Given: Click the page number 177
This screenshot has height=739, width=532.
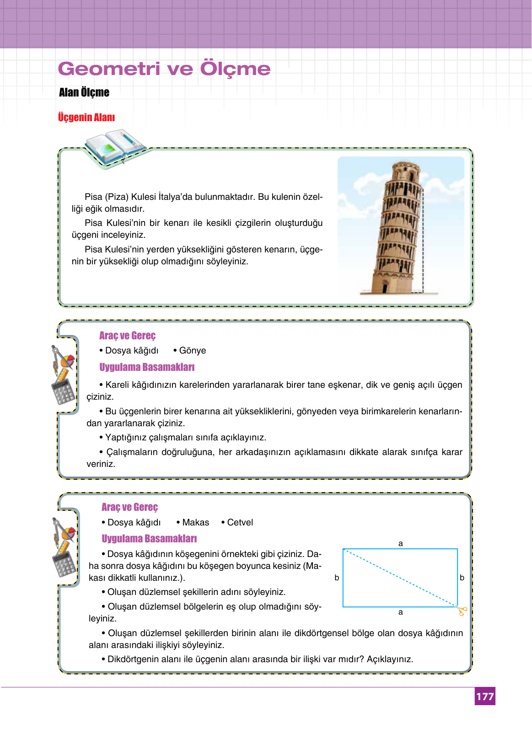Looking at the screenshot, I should [x=485, y=696].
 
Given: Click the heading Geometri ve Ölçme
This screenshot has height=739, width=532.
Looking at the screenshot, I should [x=164, y=69].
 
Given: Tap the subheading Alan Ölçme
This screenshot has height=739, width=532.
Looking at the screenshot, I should [x=84, y=92].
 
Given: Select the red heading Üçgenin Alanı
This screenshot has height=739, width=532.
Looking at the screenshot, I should [x=86, y=118].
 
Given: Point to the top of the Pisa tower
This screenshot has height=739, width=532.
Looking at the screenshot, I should [x=406, y=166].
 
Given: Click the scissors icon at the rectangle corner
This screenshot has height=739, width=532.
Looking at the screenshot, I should [x=462, y=611].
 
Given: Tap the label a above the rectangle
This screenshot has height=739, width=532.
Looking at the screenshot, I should [x=401, y=543].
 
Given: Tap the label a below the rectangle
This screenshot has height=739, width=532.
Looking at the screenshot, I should [x=401, y=612].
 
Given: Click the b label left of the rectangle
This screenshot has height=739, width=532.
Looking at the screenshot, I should [x=337, y=578].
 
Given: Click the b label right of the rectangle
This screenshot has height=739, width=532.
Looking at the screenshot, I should [x=462, y=578].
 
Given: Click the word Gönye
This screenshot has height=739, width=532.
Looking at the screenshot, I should [x=193, y=351].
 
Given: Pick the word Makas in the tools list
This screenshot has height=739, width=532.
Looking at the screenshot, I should [x=195, y=523].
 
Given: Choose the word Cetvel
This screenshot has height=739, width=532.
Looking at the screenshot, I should [x=240, y=523].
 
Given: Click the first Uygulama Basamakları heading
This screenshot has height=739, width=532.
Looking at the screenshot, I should [x=147, y=367].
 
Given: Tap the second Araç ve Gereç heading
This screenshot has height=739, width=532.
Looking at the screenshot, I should [x=129, y=507].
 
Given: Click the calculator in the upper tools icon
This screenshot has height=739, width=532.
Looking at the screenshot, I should [x=62, y=392].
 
